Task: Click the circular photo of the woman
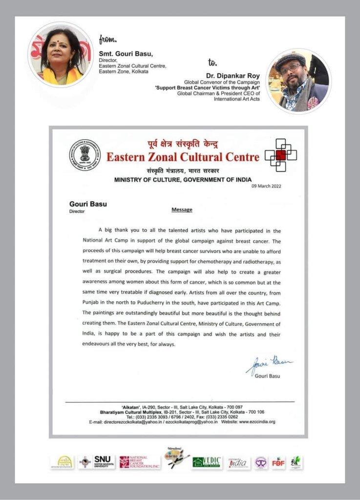tap(60, 55)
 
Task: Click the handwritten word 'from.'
tap(107, 40)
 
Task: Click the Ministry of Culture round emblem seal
tap(84, 155)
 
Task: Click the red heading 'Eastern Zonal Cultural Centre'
tap(183, 157)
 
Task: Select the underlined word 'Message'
tap(182, 209)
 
